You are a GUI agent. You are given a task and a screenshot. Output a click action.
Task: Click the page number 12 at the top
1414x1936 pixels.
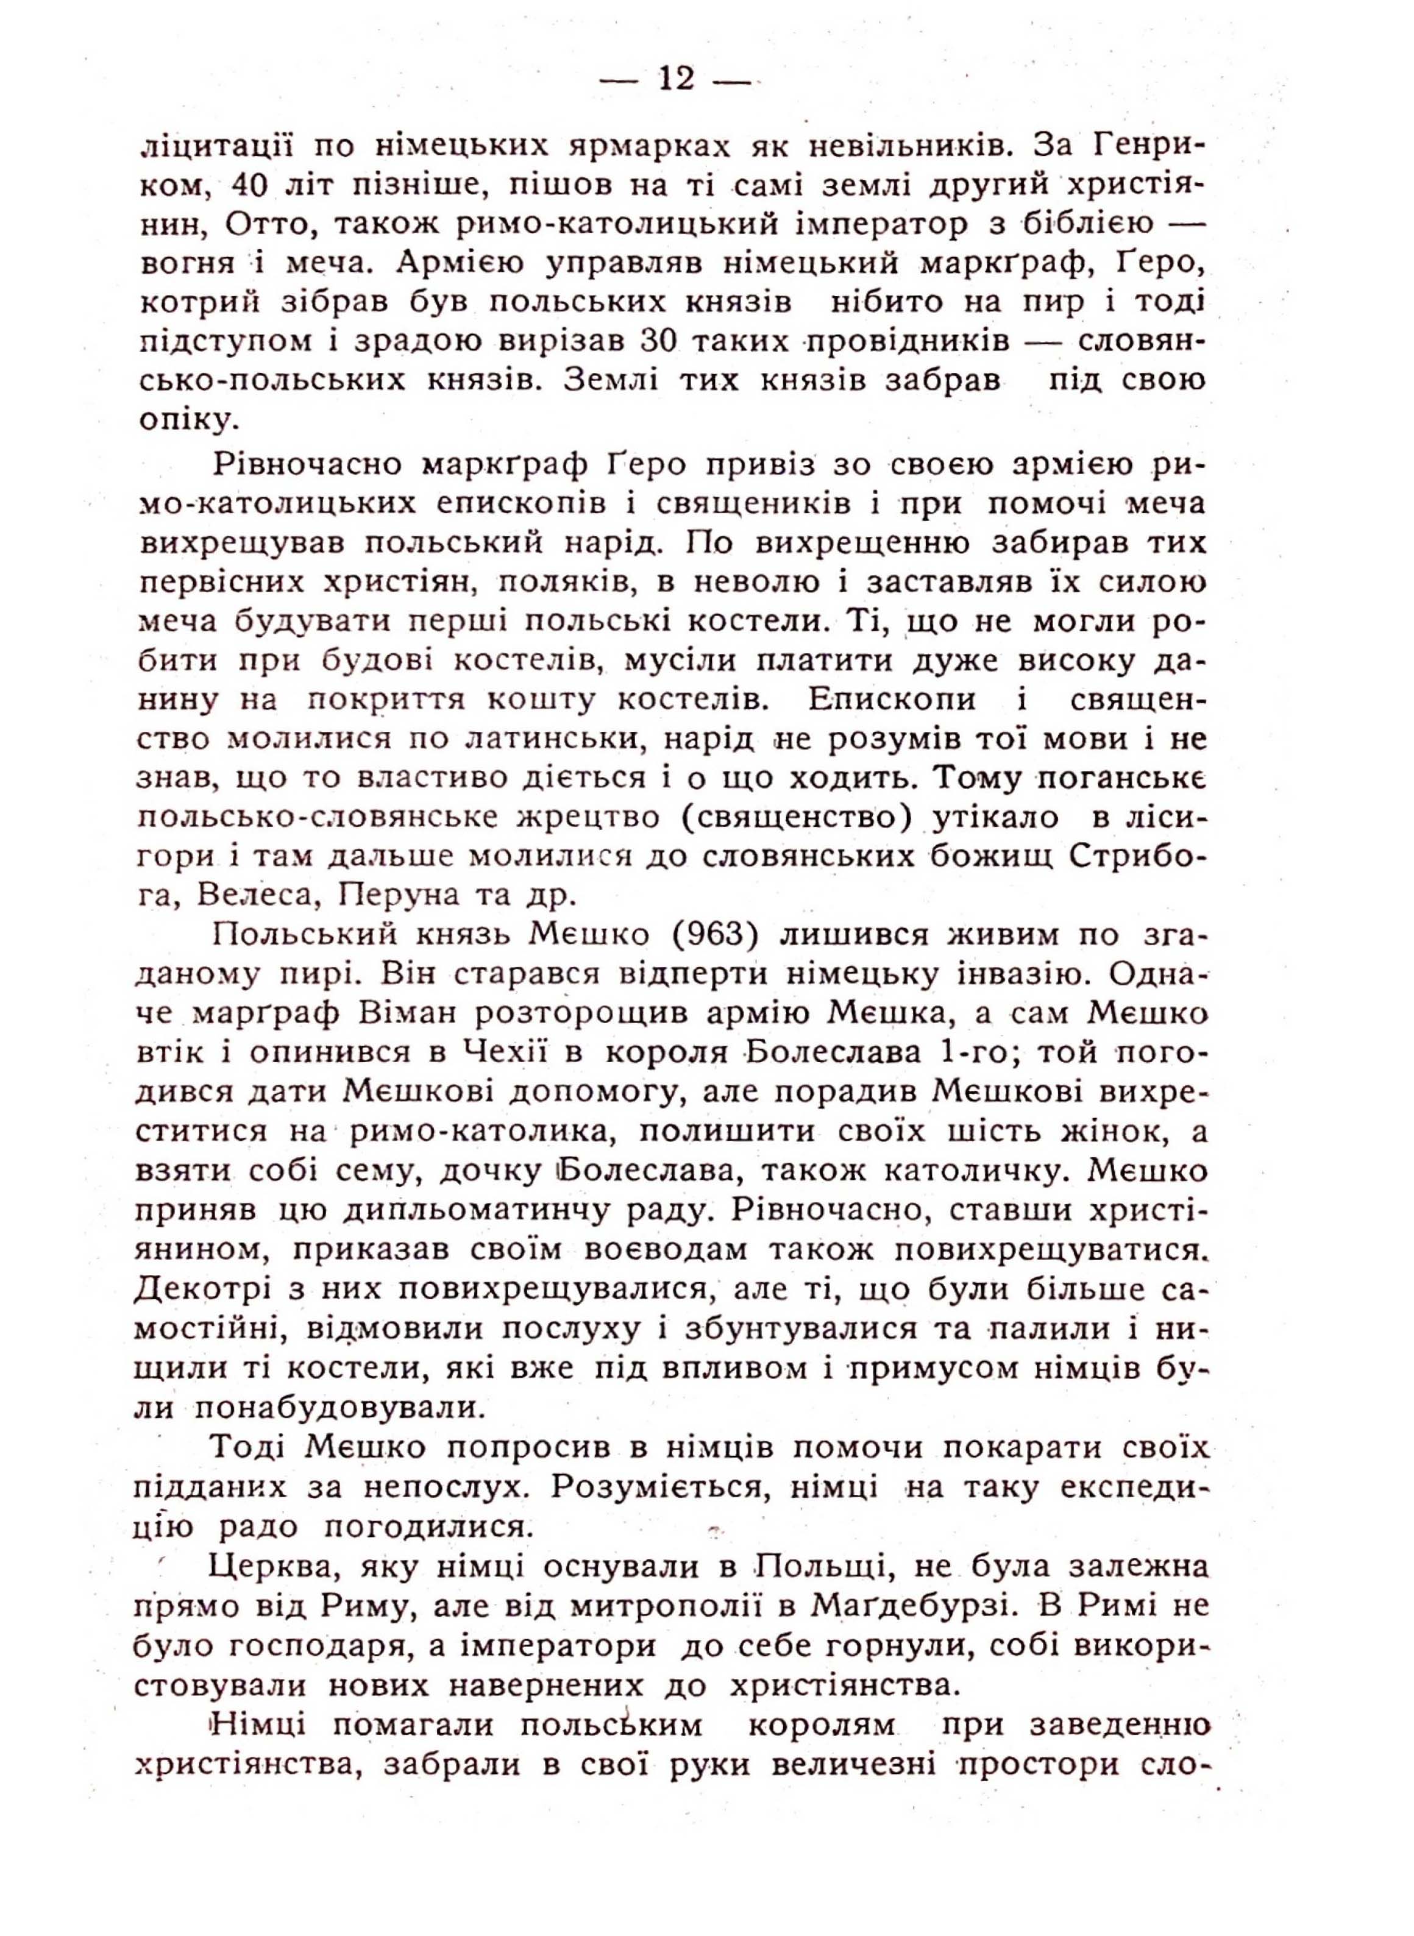675,80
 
